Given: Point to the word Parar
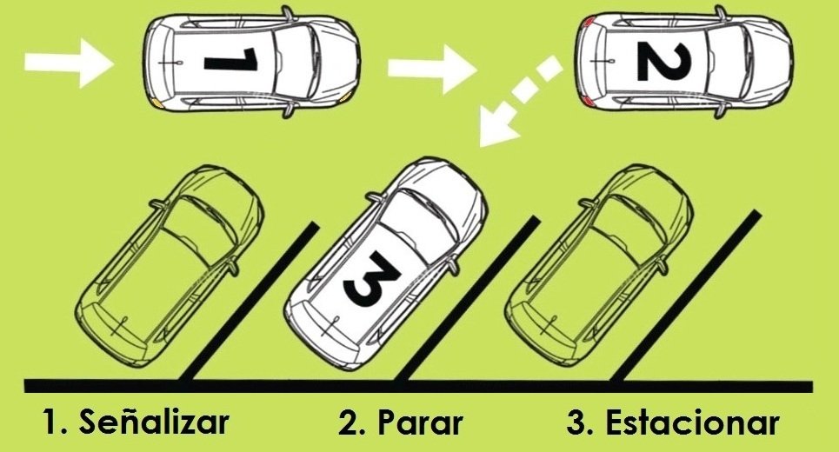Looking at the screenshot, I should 420,423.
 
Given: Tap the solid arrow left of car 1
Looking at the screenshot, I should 68,62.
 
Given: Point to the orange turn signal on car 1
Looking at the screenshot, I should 157,101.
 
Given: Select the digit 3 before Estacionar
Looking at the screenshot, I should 576,423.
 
